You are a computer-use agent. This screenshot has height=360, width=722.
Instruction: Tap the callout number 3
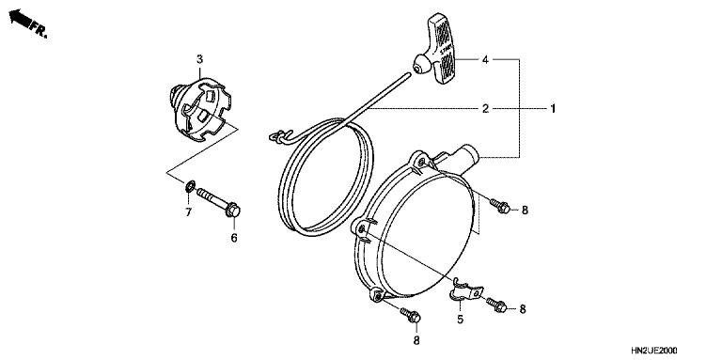click(x=199, y=60)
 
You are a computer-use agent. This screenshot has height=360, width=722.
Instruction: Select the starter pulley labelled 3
click(x=200, y=108)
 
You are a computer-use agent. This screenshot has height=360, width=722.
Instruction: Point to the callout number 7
click(x=187, y=212)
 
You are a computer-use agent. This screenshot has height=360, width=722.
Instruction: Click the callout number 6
click(x=233, y=238)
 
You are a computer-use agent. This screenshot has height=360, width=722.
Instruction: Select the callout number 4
click(x=485, y=60)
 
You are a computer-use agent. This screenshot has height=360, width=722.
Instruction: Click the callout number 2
click(x=485, y=109)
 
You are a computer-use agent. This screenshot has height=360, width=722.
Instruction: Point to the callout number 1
click(x=554, y=109)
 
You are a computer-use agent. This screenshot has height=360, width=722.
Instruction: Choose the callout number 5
click(x=460, y=320)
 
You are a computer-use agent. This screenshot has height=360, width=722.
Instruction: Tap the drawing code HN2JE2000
click(x=676, y=349)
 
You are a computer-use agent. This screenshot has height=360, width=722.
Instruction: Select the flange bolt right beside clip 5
click(x=497, y=305)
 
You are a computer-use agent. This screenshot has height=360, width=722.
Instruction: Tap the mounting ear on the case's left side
click(x=363, y=227)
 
